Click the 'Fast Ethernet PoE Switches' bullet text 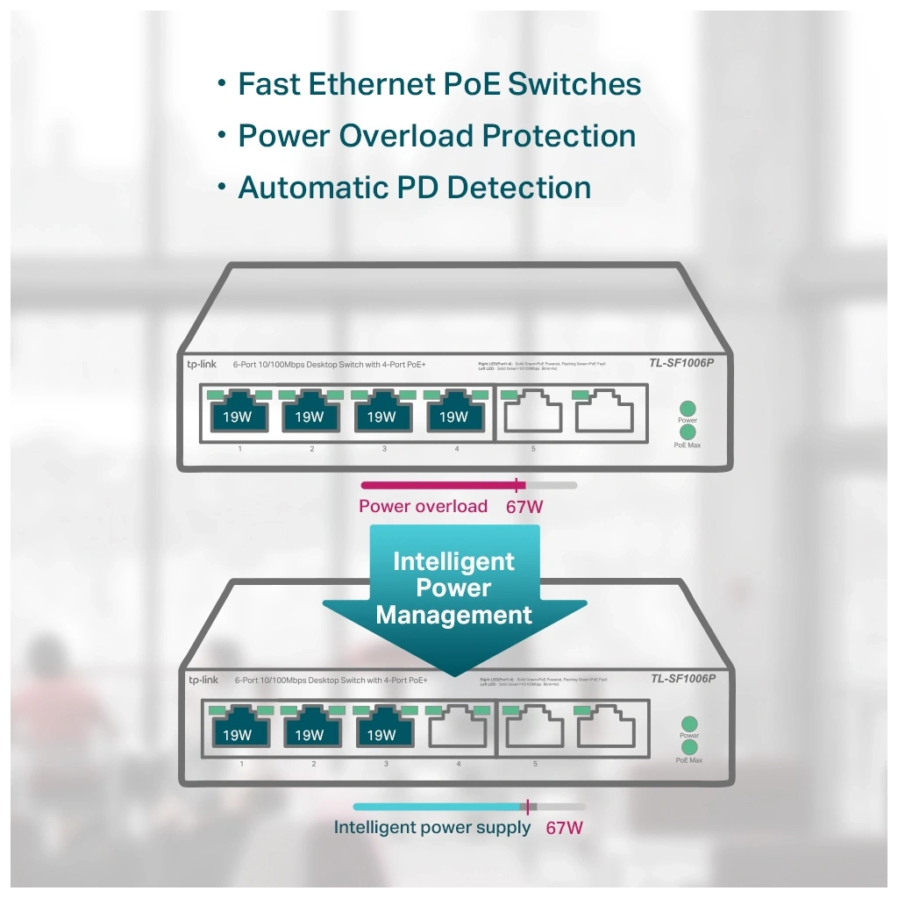439,84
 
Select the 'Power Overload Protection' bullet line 437,136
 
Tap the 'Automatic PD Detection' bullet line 414,188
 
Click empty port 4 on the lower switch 459,729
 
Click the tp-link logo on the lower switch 203,680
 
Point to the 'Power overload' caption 423,506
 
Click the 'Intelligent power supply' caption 432,827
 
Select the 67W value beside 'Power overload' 525,507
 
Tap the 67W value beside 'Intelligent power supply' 564,827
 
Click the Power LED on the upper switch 688,409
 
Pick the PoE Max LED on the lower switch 689,747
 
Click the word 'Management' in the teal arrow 453,615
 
